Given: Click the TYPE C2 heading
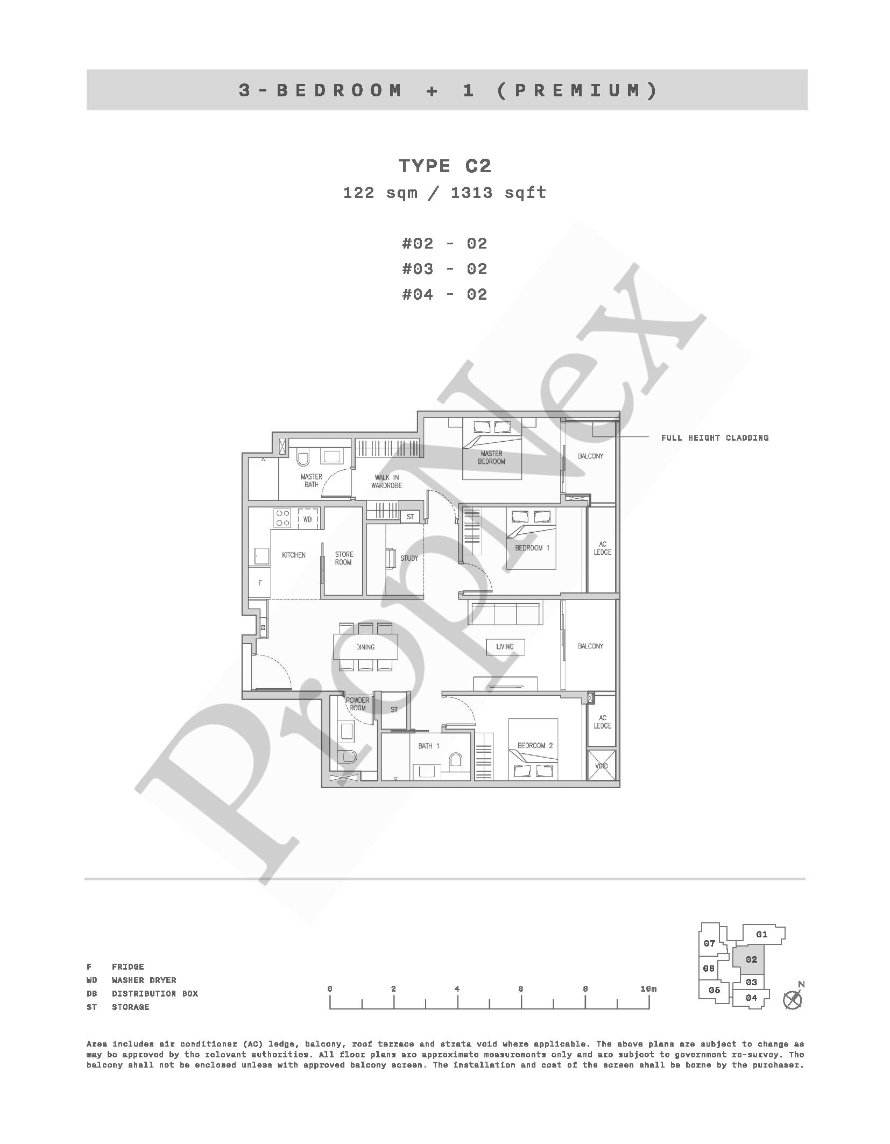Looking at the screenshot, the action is click(444, 166).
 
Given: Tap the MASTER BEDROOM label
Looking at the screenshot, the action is click(491, 457).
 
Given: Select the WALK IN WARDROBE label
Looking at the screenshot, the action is click(386, 482).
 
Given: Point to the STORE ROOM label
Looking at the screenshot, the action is click(343, 558).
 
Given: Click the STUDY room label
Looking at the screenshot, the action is click(409, 558).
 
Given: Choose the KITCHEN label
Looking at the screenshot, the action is click(294, 555).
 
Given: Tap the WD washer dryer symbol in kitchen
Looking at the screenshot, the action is click(307, 519).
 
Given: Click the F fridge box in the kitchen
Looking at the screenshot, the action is click(259, 582).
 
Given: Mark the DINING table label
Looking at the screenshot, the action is click(365, 647).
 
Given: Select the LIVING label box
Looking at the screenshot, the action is click(505, 647).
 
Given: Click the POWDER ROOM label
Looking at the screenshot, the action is click(357, 704).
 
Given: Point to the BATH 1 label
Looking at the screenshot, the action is click(429, 746).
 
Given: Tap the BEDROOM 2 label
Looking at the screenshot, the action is click(535, 745).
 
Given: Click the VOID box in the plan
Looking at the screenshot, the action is click(601, 765).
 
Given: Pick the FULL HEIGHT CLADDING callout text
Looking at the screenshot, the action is click(715, 437).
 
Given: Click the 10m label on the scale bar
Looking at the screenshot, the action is click(649, 989).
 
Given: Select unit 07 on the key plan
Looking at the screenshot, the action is click(709, 943).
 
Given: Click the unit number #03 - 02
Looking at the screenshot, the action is click(444, 269).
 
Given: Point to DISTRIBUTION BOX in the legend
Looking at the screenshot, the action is click(155, 993).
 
